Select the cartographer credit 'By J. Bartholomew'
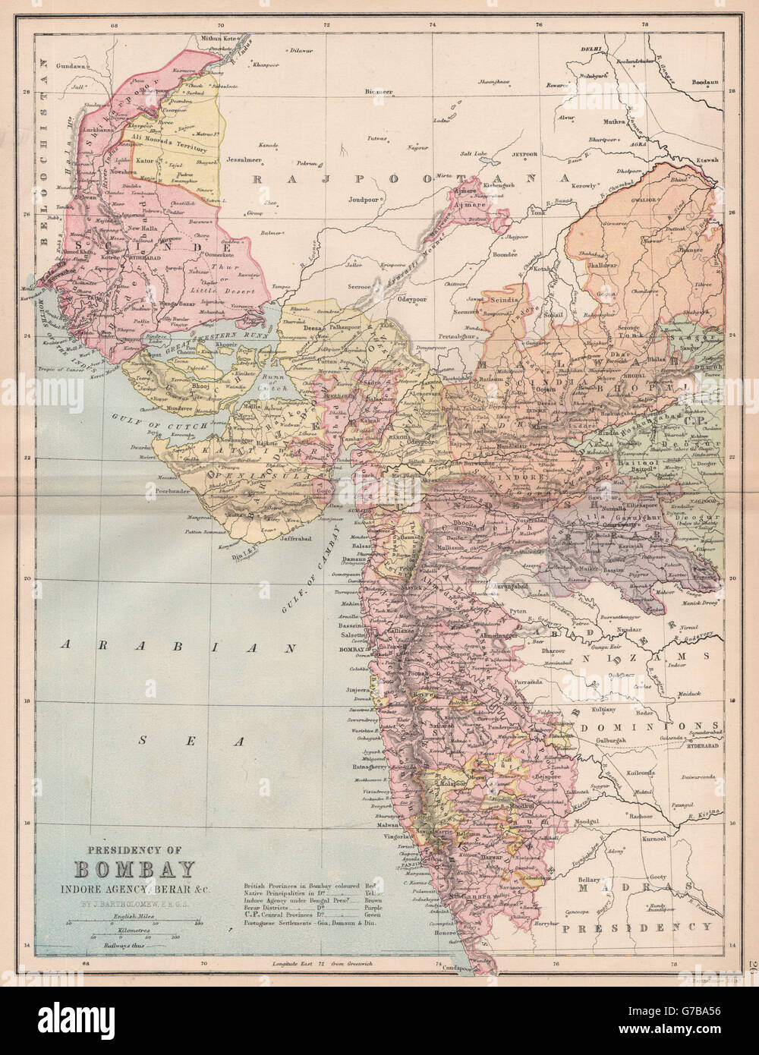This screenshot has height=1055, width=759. (134, 903)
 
